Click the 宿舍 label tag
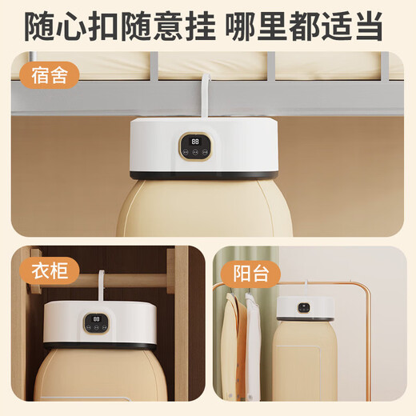click(46, 76)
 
